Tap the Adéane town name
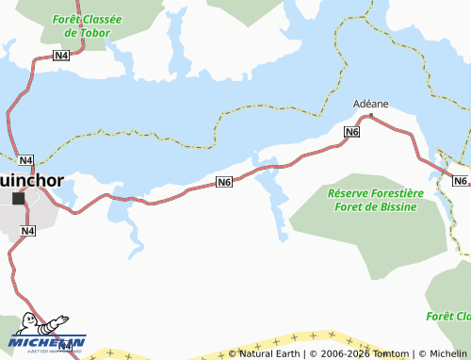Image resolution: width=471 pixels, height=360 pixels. [370, 104]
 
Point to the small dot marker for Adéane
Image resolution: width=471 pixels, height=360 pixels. [371, 116]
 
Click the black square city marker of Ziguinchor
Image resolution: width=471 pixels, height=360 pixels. [18, 198]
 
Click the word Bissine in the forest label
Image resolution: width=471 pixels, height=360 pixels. [396, 206]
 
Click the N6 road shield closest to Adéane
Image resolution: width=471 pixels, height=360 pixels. [351, 133]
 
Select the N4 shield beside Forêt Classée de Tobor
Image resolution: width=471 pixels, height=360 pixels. [61, 57]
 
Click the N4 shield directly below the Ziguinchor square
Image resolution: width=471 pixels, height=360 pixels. [27, 230]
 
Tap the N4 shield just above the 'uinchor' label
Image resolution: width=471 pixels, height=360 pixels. [25, 160]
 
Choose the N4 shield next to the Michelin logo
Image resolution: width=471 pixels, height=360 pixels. [65, 346]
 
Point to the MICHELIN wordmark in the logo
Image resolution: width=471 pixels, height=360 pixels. [47, 342]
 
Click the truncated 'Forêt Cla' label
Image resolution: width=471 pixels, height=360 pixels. [448, 316]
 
